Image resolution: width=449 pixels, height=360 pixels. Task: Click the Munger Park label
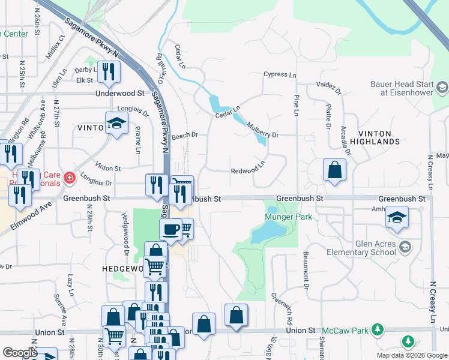289,217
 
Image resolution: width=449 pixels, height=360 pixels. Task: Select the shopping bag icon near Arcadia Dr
334,169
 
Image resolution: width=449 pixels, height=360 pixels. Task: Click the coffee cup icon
170,229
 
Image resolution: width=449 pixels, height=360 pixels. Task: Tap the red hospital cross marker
70,178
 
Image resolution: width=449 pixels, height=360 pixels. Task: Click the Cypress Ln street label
280,75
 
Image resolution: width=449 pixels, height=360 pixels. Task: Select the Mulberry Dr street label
263,131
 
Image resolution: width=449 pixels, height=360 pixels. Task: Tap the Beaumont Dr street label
306,262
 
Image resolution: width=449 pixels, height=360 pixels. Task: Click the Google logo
20,353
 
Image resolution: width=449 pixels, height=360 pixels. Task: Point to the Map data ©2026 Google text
412,355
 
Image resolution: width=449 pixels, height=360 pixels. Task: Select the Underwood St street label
120,94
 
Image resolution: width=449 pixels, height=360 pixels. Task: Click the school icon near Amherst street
397,217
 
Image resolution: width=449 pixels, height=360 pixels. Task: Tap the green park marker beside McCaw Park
378,329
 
